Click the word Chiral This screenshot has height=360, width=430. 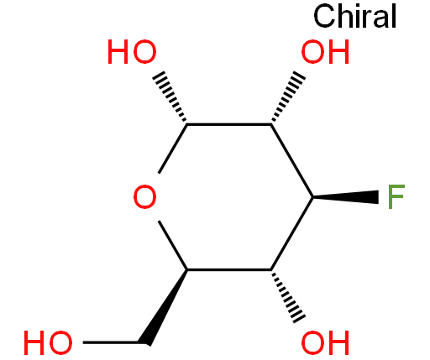tap(355, 16)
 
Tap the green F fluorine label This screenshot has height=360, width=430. tap(396, 196)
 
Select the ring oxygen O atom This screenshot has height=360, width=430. tap(144, 196)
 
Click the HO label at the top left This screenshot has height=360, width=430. tap(132, 51)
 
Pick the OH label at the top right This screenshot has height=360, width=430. tap(325, 51)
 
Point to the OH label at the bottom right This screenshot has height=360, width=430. tap(325, 342)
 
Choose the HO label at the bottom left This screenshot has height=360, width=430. tap(48, 342)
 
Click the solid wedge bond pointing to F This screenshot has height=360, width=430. tap(346, 197)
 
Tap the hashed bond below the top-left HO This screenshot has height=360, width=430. tap(170, 97)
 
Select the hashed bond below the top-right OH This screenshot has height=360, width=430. tap(288, 97)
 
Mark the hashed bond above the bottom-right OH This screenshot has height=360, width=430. tap(288, 296)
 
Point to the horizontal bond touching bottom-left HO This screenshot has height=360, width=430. tap(111, 342)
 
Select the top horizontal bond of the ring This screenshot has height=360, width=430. tap(229, 124)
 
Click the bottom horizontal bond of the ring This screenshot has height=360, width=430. tap(229, 269)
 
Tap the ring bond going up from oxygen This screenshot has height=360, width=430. tap(173, 149)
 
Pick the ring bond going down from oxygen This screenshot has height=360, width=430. tap(173, 245)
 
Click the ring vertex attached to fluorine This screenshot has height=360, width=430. tap(313, 197)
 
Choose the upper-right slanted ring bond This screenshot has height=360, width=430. tap(292, 160)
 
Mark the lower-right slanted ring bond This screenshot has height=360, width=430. tap(292, 233)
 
